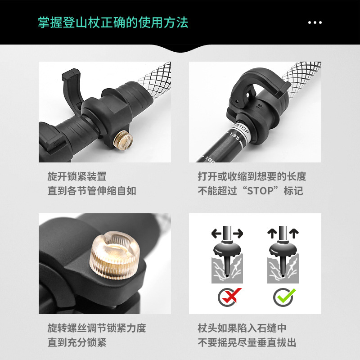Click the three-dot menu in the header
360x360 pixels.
point(315,22)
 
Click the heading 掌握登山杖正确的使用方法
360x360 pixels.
point(113,22)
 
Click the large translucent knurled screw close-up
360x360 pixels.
point(115,255)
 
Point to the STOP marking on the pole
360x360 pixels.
point(242,128)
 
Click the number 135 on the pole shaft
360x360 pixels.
point(234,136)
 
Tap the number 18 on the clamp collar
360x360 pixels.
point(259,106)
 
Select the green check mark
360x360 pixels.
point(286,296)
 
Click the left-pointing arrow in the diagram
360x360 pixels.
point(216,234)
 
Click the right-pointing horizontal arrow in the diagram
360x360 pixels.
point(238,234)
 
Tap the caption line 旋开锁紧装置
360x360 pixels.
point(77,176)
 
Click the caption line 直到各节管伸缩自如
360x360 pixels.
point(92,191)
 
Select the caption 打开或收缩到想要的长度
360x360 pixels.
point(252,176)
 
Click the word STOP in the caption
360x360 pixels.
point(261,191)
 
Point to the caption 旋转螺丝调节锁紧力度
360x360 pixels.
point(97,328)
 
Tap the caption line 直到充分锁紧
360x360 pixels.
point(77,342)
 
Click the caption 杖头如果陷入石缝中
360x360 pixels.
point(242,328)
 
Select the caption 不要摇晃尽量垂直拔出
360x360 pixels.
point(247,342)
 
